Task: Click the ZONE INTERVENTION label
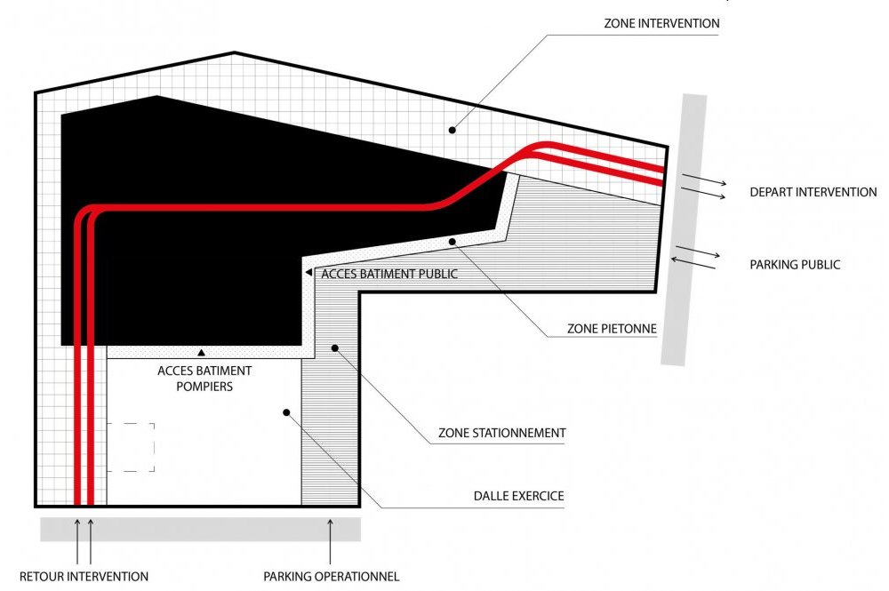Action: (661, 23)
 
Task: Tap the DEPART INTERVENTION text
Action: (813, 192)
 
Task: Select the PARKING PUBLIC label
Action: (795, 265)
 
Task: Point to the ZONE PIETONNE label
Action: (612, 329)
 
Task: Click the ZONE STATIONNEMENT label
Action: (501, 433)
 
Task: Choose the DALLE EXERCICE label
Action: (519, 496)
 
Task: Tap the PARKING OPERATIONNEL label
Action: (331, 577)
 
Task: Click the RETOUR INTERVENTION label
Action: (84, 577)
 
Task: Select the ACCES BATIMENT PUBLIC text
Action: (389, 274)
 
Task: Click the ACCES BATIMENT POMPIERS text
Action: (204, 379)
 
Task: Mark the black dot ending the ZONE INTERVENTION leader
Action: (452, 131)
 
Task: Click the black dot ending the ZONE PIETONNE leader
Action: (453, 242)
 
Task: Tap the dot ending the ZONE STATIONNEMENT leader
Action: (335, 347)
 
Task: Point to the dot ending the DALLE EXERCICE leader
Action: (286, 412)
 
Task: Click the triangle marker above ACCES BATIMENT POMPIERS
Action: (201, 353)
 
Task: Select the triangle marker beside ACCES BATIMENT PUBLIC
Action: (309, 273)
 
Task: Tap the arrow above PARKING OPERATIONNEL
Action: (330, 542)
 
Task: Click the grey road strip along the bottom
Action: (200, 530)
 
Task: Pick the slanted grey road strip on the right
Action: (684, 229)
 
